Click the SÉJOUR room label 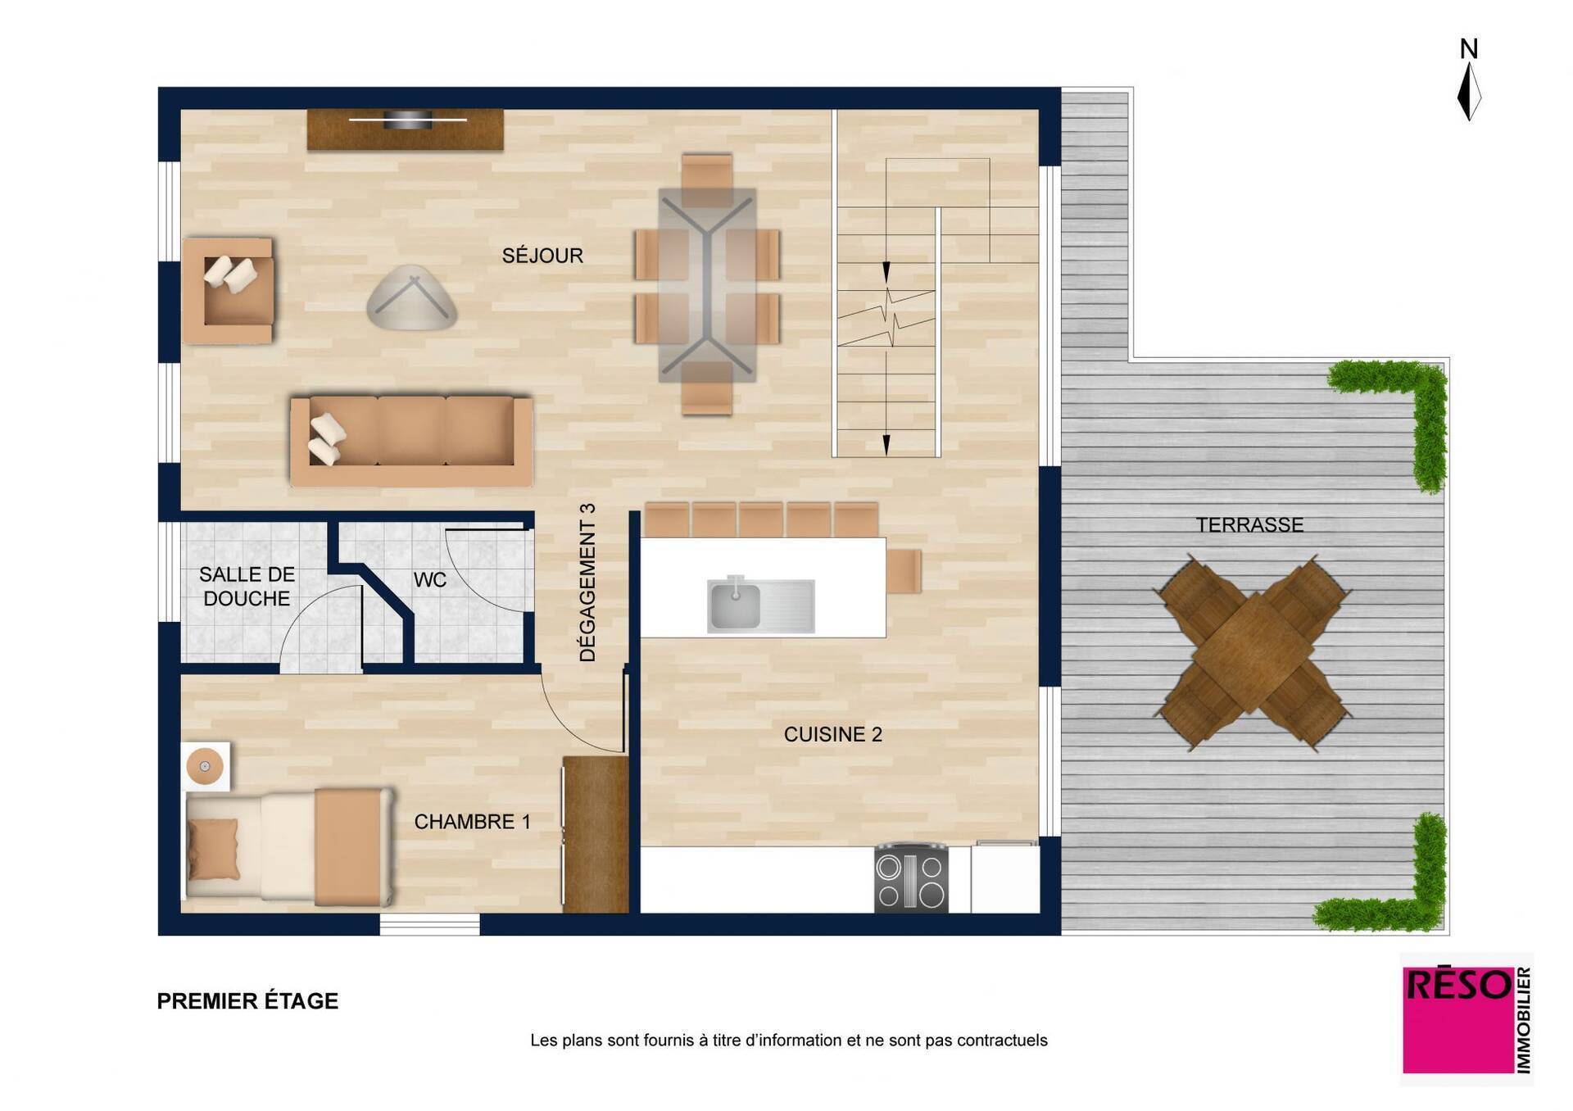pos(542,256)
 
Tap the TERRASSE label pos(1249,525)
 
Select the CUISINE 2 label pos(833,735)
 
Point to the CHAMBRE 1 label pos(472,822)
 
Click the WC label pos(430,580)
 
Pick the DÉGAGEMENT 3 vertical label pos(587,583)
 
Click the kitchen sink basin pos(734,605)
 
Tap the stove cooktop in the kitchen pos(911,879)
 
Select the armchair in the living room pos(228,291)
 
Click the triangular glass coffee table pos(411,298)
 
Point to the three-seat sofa pos(411,441)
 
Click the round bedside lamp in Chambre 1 pos(205,767)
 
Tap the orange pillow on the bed pos(214,849)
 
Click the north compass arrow pos(1469,92)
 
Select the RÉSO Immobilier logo pos(1466,1019)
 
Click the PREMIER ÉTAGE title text pos(247,1001)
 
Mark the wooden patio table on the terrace pos(1252,652)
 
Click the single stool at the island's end pos(904,571)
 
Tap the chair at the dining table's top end pos(706,179)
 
